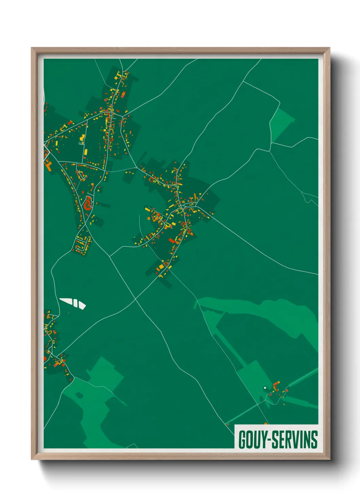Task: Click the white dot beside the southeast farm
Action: (x=265, y=388)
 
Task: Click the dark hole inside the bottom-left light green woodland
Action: (x=79, y=395)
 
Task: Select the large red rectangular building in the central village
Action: (x=171, y=241)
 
